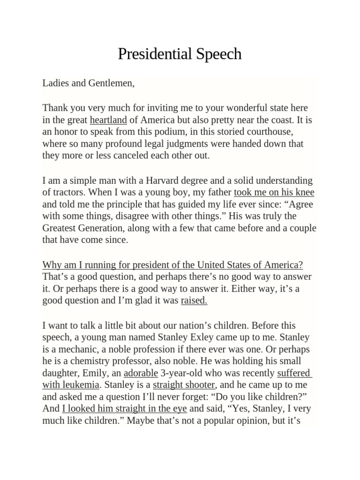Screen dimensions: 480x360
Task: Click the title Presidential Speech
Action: (x=180, y=54)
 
